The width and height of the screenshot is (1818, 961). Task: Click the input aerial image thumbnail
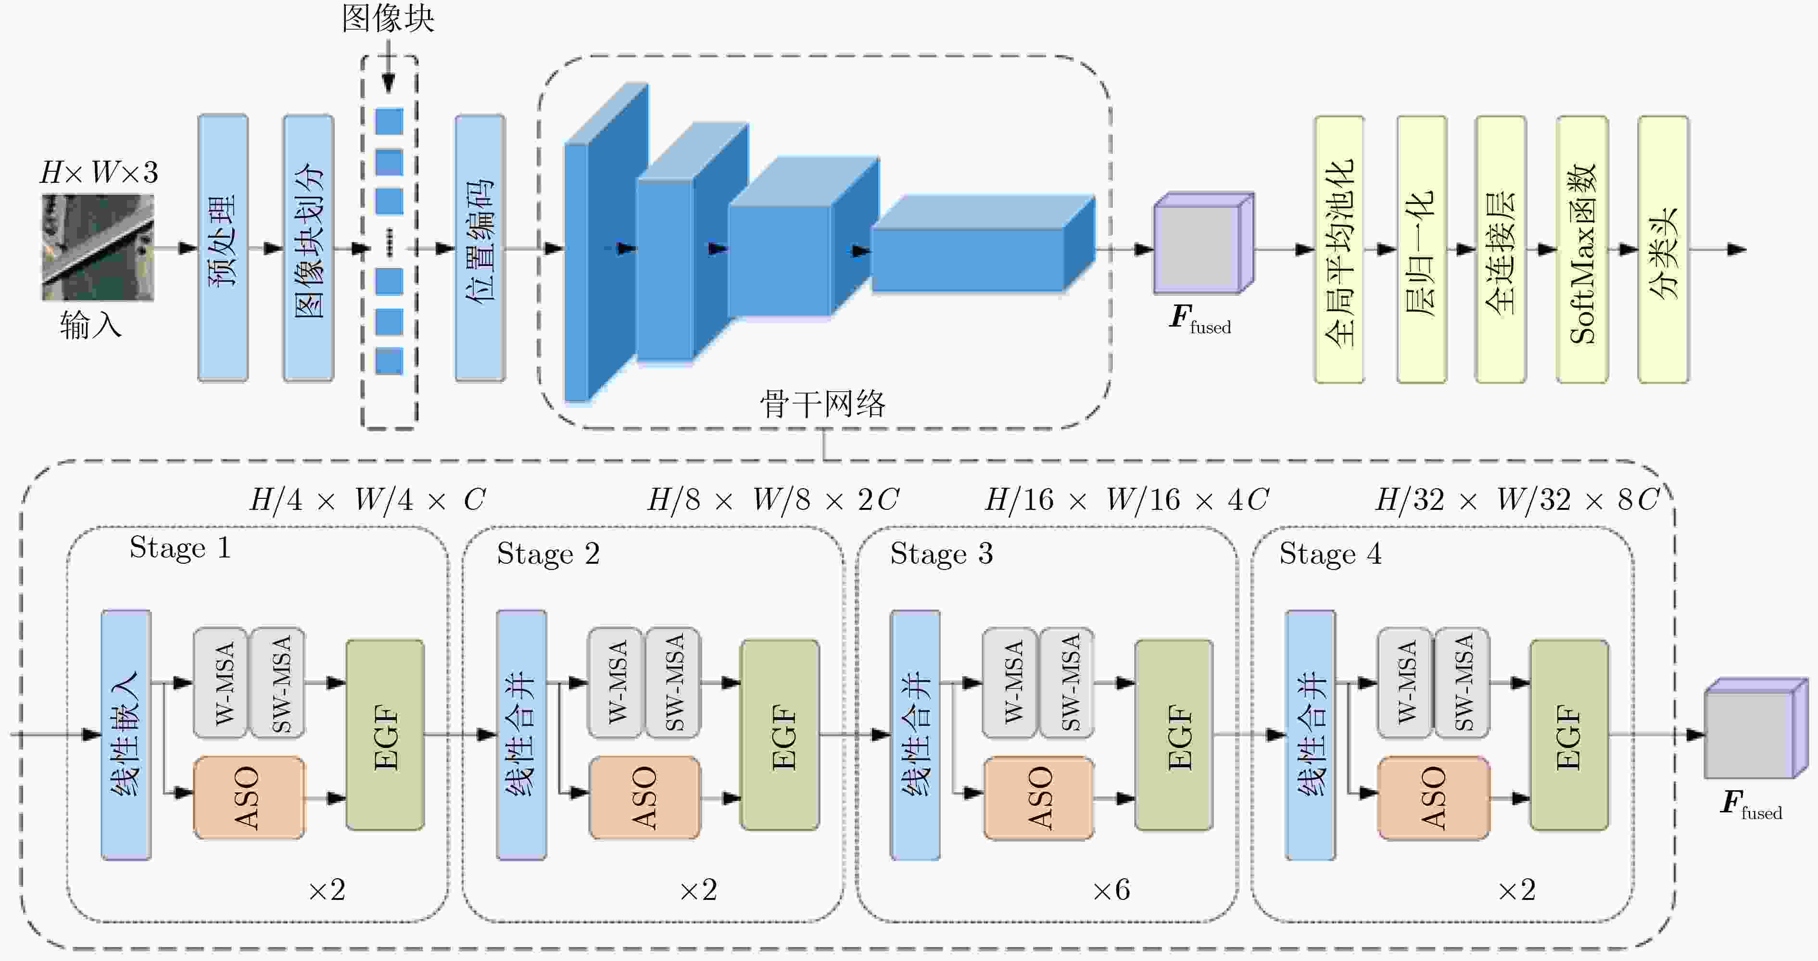[x=97, y=248]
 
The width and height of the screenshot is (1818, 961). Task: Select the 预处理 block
[x=223, y=248]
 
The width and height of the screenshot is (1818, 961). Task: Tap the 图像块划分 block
[x=308, y=248]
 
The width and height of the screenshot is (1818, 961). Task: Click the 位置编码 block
[x=480, y=248]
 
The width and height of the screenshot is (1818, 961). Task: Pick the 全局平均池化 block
[x=1339, y=250]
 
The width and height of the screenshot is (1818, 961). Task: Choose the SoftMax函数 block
[x=1582, y=250]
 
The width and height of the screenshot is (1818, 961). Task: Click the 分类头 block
[x=1664, y=250]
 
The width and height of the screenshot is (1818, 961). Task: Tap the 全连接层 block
[x=1501, y=250]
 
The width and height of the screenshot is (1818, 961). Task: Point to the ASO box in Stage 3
[x=1039, y=798]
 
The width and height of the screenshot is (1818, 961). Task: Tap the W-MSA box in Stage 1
[x=221, y=683]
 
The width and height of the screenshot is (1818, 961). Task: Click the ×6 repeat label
[x=1111, y=890]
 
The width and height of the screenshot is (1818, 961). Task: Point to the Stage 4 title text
[x=1330, y=554]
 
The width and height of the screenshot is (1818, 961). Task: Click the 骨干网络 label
[x=823, y=405]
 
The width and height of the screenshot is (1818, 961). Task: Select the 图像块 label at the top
[x=388, y=18]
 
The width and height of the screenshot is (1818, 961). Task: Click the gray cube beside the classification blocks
[x=1203, y=243]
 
